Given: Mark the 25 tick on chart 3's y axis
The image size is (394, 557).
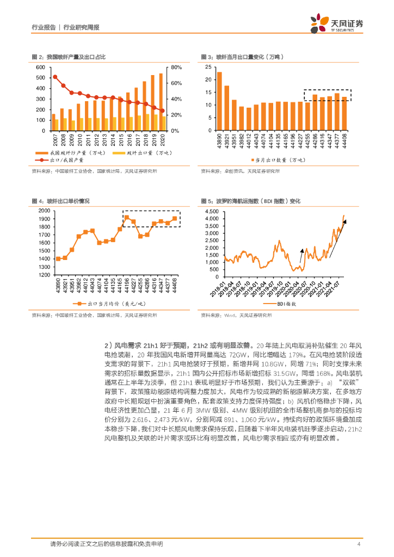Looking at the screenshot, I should [208, 67].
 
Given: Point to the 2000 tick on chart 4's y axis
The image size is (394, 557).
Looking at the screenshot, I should [44, 211].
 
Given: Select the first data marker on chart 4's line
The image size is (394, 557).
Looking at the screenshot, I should [58, 258].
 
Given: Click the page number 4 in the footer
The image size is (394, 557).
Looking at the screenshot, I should [359, 544].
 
